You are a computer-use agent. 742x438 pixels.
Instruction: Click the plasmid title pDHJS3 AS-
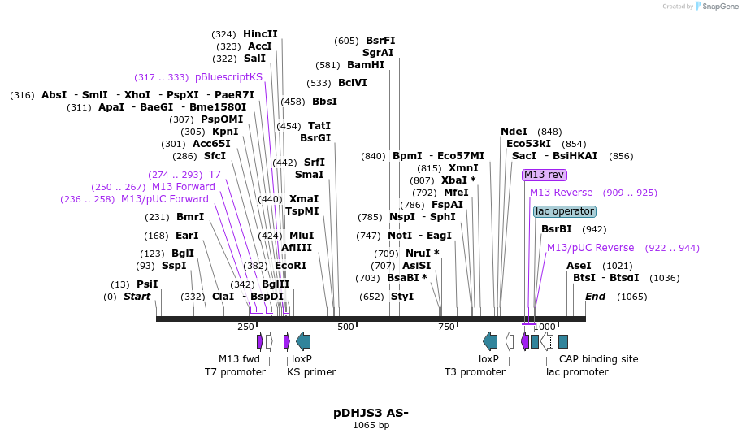pyautogui.click(x=371, y=413)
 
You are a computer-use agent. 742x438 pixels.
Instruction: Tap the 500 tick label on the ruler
pyautogui.click(x=345, y=327)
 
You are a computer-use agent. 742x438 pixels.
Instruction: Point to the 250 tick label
pyautogui.click(x=245, y=327)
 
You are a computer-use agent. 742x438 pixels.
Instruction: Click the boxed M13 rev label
pyautogui.click(x=544, y=175)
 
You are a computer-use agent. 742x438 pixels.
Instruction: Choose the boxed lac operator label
pyautogui.click(x=564, y=211)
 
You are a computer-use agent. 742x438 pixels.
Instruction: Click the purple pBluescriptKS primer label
pyautogui.click(x=228, y=77)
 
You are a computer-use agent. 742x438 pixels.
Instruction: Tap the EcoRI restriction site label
pyautogui.click(x=290, y=266)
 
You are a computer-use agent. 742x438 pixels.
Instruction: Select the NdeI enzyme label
pyautogui.click(x=514, y=132)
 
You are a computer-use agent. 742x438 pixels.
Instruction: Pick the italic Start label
pyautogui.click(x=137, y=297)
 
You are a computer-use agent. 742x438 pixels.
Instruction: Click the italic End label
pyautogui.click(x=595, y=297)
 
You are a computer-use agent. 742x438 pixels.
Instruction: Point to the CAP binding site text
pyautogui.click(x=598, y=359)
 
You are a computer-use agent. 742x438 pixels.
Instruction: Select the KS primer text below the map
pyautogui.click(x=311, y=372)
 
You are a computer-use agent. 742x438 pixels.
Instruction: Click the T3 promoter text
pyautogui.click(x=475, y=372)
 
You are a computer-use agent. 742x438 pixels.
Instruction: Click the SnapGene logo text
pyautogui.click(x=716, y=7)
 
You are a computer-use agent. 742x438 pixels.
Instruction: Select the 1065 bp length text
pyautogui.click(x=371, y=425)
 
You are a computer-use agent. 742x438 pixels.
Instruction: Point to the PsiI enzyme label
pyautogui.click(x=147, y=284)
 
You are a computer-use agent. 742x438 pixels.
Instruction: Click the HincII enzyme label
pyautogui.click(x=260, y=34)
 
